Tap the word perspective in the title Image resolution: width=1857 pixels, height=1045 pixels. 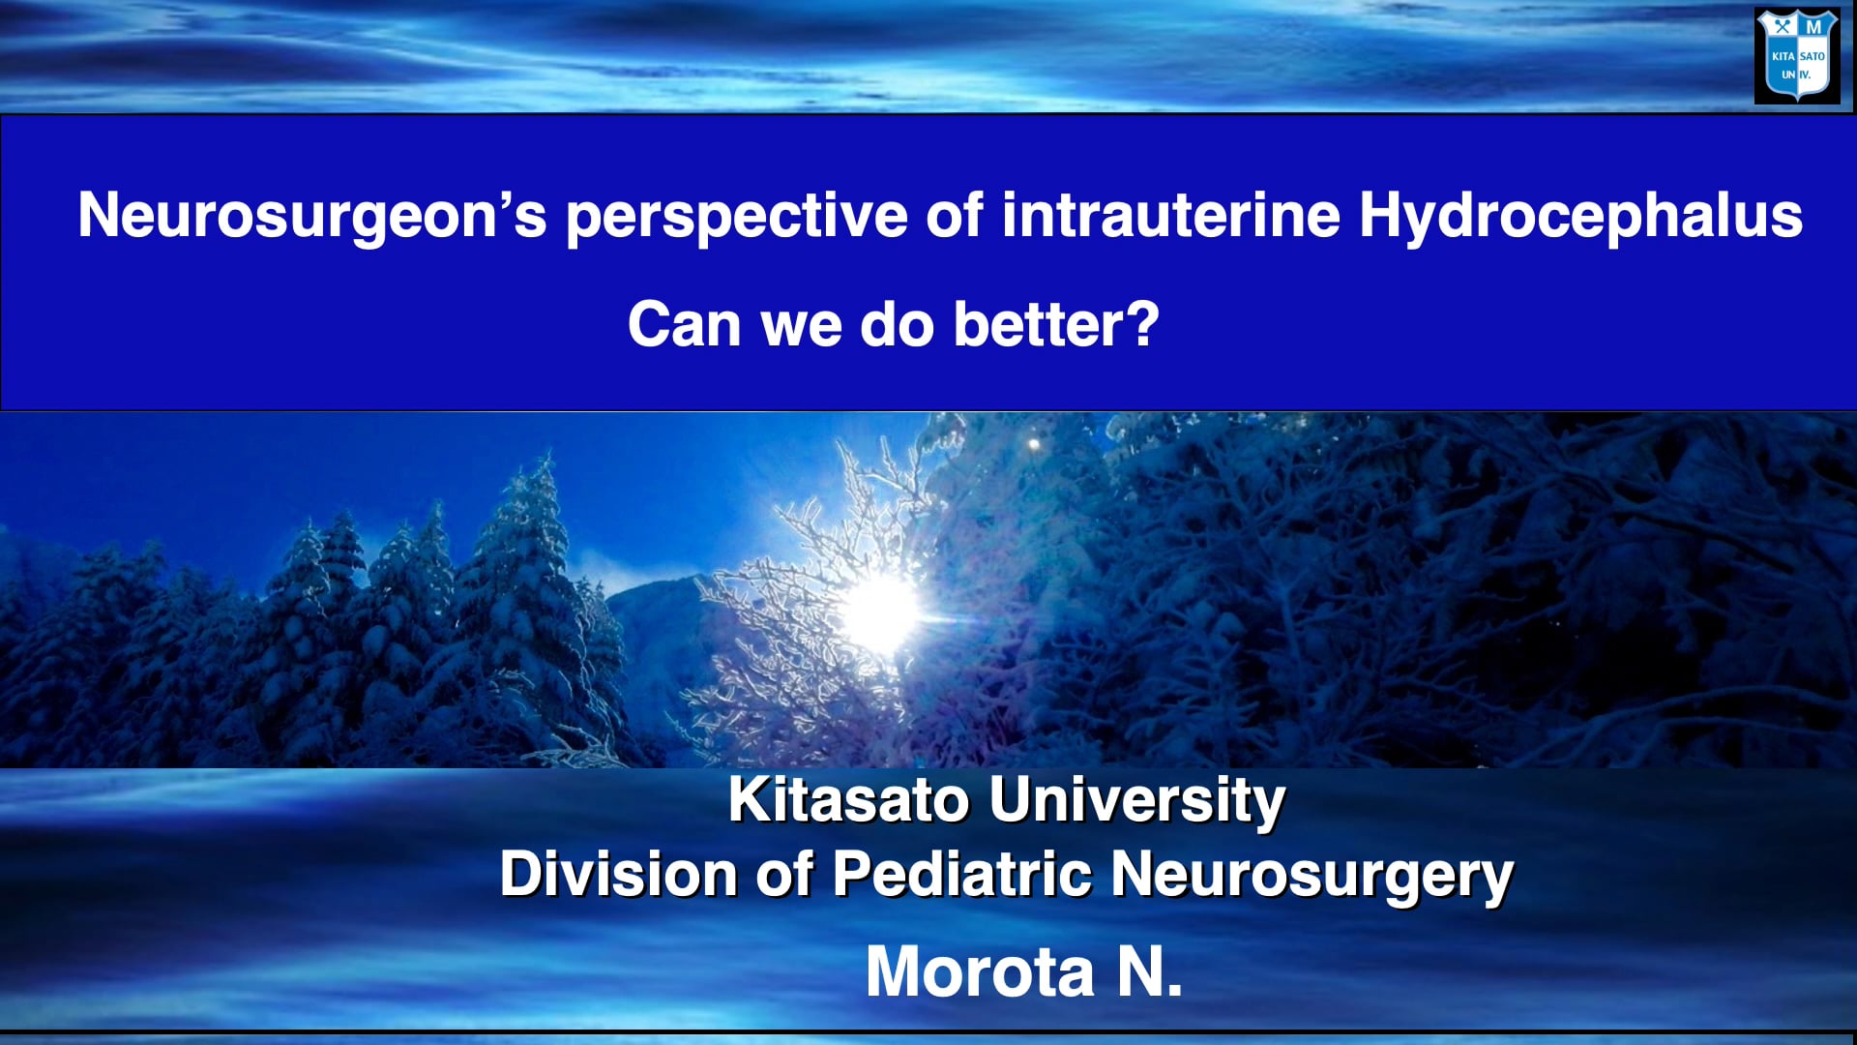coord(736,215)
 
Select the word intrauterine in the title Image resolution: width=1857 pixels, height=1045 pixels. coord(1170,215)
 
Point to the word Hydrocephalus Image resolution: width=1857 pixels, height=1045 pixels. coord(1580,215)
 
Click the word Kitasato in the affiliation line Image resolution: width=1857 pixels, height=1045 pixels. coord(848,800)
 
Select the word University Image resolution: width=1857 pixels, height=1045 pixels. coord(1137,800)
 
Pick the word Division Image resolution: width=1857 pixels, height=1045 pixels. coord(618,874)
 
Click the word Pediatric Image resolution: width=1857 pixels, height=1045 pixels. coord(962,874)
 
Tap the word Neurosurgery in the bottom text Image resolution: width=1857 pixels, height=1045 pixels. coord(1312,876)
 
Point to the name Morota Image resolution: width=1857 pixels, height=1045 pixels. coord(980,971)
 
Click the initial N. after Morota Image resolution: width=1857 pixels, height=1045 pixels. coord(1150,971)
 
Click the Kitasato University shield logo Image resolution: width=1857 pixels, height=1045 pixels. coord(1797,56)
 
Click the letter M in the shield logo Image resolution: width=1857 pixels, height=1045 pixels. coord(1813,27)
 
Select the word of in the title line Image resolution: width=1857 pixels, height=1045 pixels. coord(955,215)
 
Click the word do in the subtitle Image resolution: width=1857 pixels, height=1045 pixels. coord(898,324)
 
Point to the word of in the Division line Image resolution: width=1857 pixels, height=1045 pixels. coord(783,874)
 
